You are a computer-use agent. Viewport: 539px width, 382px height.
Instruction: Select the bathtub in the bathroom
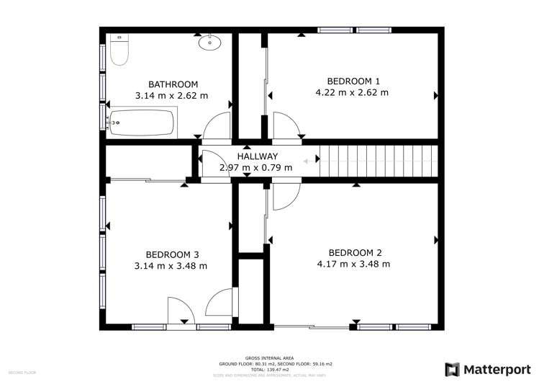[x=141, y=123]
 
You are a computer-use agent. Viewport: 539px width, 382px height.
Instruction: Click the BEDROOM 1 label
[x=353, y=81]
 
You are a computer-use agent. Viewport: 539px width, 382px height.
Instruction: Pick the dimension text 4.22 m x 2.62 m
[x=352, y=92]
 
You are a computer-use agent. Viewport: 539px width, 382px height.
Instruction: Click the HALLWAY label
[x=258, y=156]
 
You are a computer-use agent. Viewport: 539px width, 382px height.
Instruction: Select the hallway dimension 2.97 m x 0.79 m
[x=256, y=168]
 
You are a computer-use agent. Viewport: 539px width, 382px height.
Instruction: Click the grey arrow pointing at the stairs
[x=311, y=161]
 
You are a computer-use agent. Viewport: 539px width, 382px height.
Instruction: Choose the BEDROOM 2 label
[x=355, y=252]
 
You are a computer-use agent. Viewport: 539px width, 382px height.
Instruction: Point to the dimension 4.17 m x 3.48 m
[x=354, y=264]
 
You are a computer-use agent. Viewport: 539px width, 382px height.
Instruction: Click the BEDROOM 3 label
[x=172, y=254]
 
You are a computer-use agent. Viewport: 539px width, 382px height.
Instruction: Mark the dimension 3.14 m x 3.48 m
[x=171, y=265]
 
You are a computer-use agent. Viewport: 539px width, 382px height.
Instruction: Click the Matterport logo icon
[x=452, y=369]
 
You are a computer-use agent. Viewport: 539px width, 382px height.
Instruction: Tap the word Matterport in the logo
[x=495, y=369]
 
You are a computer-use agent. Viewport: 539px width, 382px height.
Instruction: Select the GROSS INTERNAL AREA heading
[x=268, y=358]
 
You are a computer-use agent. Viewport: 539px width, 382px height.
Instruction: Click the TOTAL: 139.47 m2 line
[x=268, y=370]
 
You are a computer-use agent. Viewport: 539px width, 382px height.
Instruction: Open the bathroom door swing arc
[x=216, y=126]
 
